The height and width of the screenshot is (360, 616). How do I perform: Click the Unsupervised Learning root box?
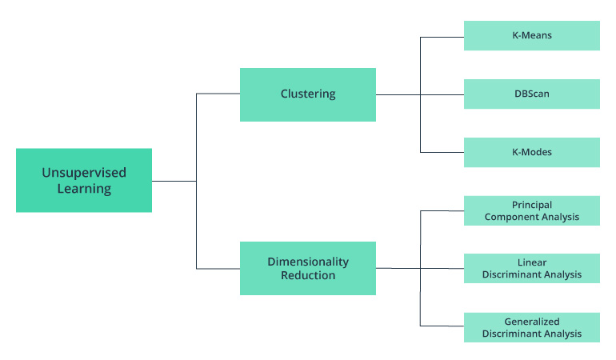(84, 180)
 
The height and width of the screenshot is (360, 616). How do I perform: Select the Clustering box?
(308, 94)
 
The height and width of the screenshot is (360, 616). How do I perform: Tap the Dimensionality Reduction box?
(308, 268)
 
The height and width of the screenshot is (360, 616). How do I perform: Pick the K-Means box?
(532, 36)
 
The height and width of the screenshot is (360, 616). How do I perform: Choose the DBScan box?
(532, 94)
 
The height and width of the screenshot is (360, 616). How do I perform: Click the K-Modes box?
(532, 152)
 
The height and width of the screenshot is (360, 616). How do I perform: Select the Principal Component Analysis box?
(532, 211)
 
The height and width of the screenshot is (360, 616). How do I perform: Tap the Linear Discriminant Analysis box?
(532, 269)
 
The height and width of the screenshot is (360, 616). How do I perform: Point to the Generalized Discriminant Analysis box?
(532, 327)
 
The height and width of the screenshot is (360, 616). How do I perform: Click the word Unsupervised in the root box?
(84, 172)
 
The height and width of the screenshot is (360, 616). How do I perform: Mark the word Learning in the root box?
(84, 190)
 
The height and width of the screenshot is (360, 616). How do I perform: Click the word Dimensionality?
(308, 262)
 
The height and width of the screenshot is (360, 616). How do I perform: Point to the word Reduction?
(308, 276)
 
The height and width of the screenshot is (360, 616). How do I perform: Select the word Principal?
(532, 205)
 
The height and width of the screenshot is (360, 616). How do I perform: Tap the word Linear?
(532, 262)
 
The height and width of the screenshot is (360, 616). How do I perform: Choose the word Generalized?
(532, 321)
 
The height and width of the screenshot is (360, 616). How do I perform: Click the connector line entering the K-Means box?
(442, 36)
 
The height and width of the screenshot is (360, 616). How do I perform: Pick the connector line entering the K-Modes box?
(442, 152)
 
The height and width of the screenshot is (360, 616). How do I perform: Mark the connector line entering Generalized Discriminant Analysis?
(442, 326)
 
